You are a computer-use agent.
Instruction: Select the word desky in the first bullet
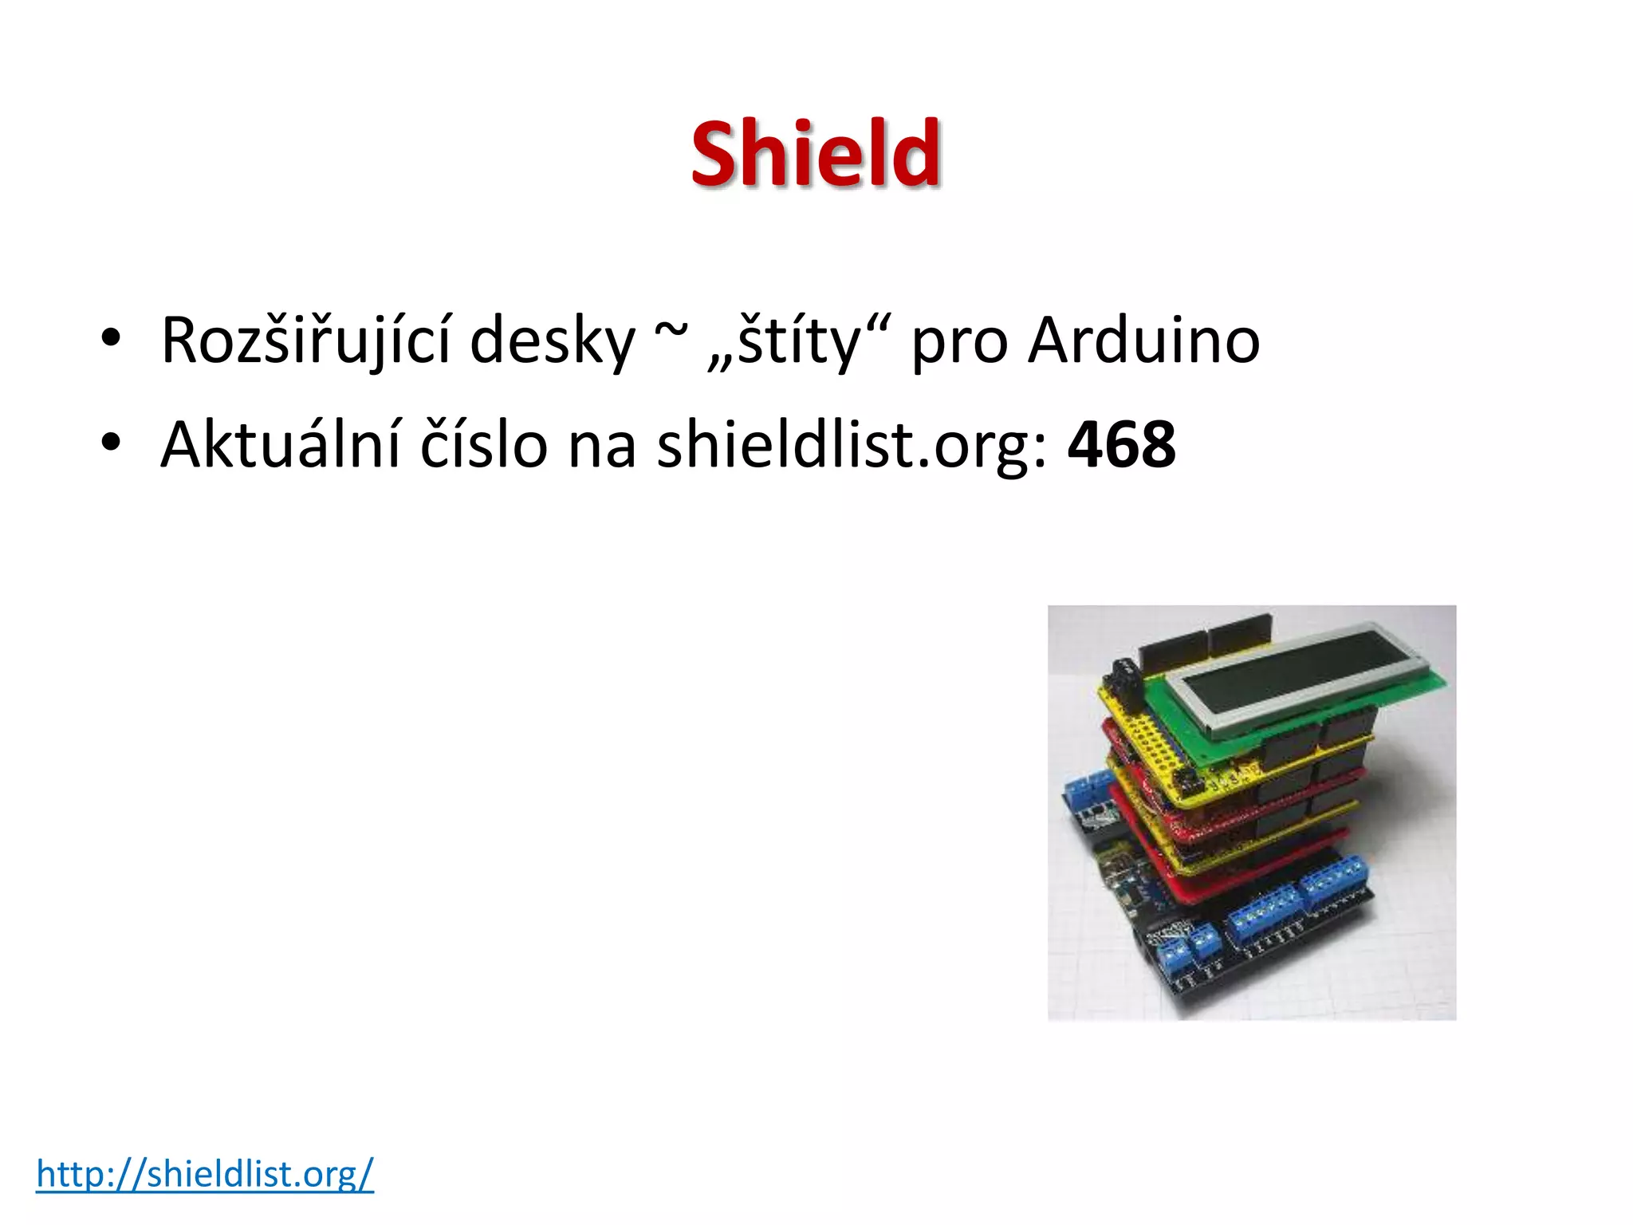552,341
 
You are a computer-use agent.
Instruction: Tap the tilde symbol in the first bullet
671,333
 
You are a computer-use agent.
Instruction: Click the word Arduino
1143,341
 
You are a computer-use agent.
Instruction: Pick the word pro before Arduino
959,345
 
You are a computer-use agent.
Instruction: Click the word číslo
484,444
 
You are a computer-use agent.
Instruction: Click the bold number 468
1121,444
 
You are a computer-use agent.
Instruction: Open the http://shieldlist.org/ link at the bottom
205,1173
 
